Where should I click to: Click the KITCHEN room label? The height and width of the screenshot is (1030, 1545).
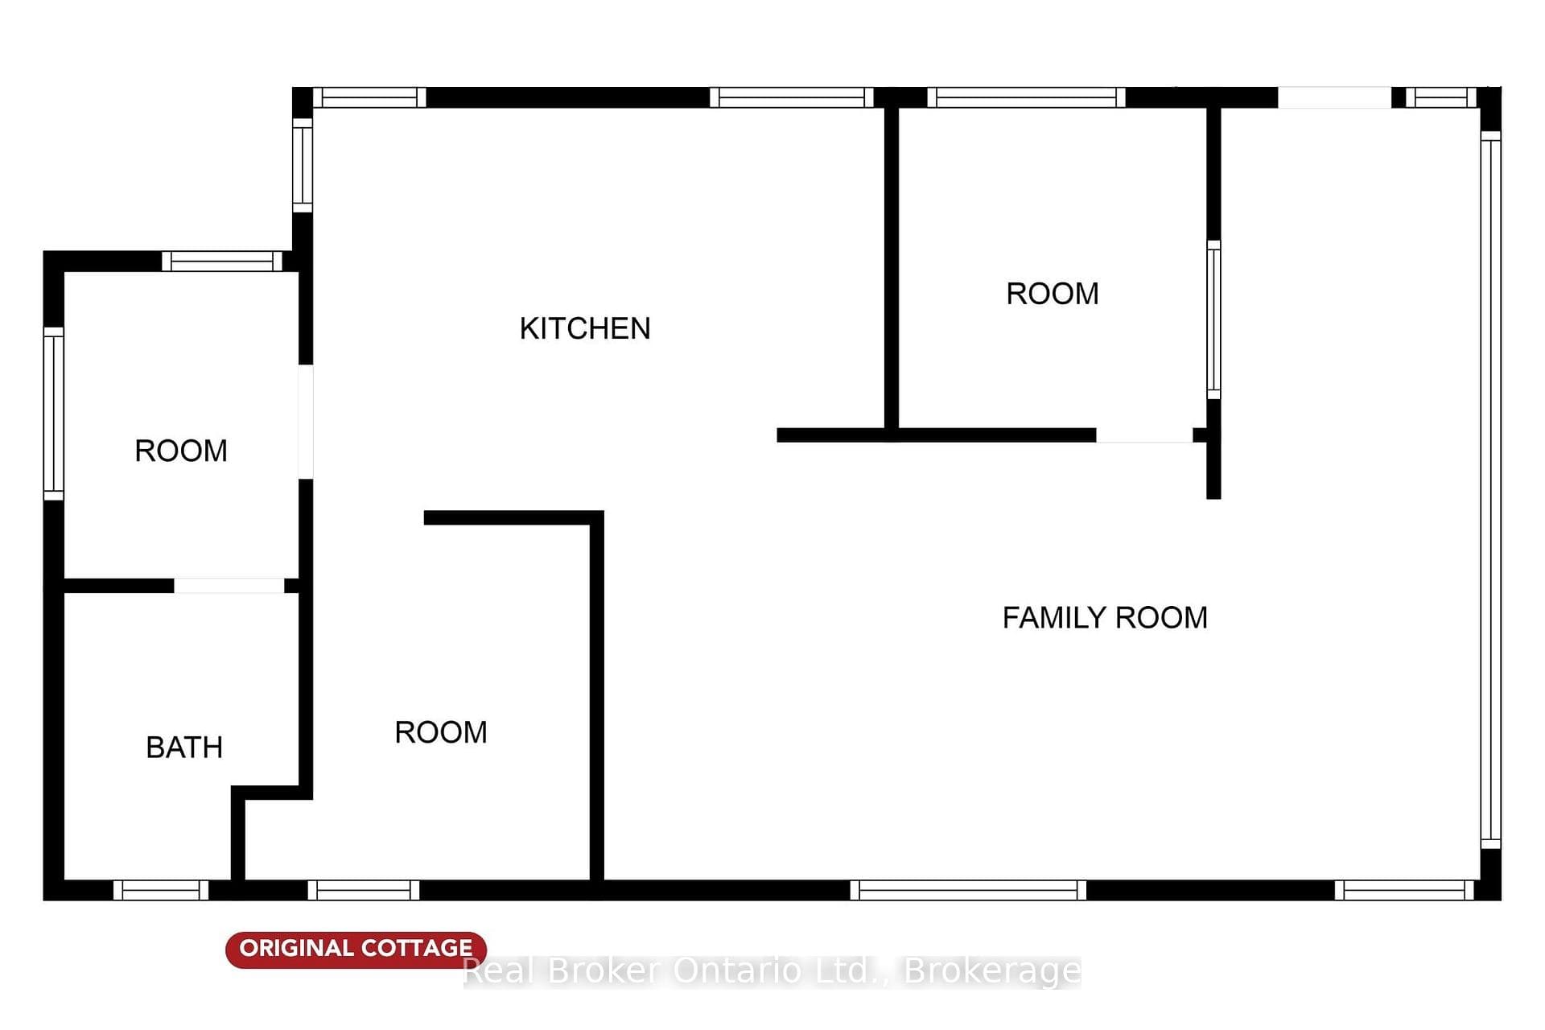click(585, 328)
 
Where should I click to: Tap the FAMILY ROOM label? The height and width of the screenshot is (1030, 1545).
click(1105, 618)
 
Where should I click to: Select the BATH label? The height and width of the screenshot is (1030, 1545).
click(184, 748)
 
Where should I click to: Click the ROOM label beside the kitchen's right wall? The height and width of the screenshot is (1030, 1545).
click(1053, 294)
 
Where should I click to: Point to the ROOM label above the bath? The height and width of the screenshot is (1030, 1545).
click(181, 451)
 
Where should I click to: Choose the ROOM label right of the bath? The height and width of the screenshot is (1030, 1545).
click(441, 732)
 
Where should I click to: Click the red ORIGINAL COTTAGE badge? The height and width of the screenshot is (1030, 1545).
click(356, 949)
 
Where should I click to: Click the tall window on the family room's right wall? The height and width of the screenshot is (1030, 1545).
click(1490, 490)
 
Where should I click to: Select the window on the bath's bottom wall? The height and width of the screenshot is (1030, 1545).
click(161, 890)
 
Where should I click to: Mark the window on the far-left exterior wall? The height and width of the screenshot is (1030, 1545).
click(53, 414)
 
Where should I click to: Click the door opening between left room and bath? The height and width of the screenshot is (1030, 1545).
click(229, 586)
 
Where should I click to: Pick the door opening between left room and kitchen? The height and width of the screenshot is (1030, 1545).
click(306, 422)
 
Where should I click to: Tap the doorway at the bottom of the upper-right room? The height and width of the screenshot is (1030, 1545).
click(1144, 435)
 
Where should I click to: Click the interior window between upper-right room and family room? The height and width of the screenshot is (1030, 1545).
click(1213, 319)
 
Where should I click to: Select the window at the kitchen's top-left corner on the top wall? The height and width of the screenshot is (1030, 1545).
click(369, 97)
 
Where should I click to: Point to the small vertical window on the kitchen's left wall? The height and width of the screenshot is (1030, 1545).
click(302, 165)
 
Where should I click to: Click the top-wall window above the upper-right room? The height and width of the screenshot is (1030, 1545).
click(1026, 97)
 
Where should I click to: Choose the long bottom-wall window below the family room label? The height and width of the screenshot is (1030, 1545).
click(968, 890)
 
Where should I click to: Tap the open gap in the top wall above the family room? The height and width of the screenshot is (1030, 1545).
click(1335, 97)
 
